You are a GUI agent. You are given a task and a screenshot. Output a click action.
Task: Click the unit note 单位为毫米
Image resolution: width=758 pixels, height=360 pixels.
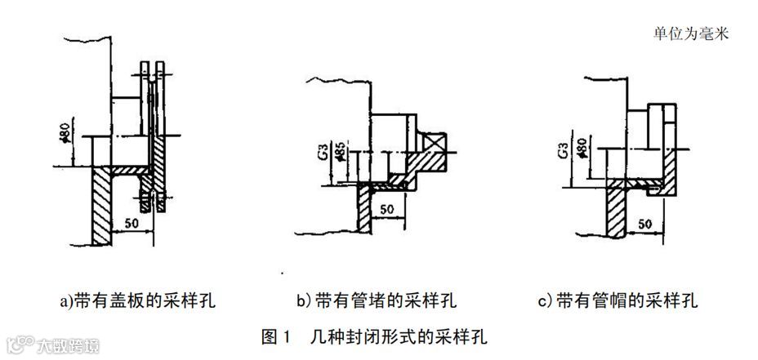click(690, 33)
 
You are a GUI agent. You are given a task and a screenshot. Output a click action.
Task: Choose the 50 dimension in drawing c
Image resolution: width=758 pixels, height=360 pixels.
click(644, 224)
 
